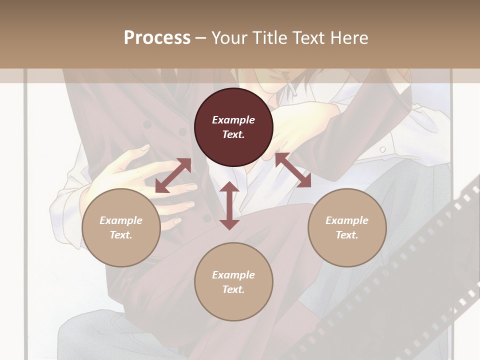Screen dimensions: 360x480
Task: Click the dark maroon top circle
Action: (233, 127)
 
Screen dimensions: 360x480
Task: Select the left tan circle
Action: (121, 227)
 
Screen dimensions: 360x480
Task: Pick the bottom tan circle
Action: (233, 282)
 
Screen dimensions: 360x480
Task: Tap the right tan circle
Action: (347, 227)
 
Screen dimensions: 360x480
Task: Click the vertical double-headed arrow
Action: (229, 205)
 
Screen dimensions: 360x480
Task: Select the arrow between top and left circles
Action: (173, 175)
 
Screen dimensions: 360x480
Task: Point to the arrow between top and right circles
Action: (293, 170)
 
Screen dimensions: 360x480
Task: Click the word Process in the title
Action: (157, 38)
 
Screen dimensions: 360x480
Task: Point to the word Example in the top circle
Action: (233, 120)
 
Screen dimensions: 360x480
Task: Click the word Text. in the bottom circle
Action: (233, 289)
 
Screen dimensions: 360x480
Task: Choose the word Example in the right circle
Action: (347, 220)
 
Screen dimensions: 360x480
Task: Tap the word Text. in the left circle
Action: (121, 235)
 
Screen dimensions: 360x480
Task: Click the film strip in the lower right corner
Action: (420, 260)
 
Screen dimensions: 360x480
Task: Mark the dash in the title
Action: (201, 38)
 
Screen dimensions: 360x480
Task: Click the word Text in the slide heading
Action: (309, 38)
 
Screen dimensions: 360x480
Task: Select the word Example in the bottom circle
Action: (233, 275)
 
